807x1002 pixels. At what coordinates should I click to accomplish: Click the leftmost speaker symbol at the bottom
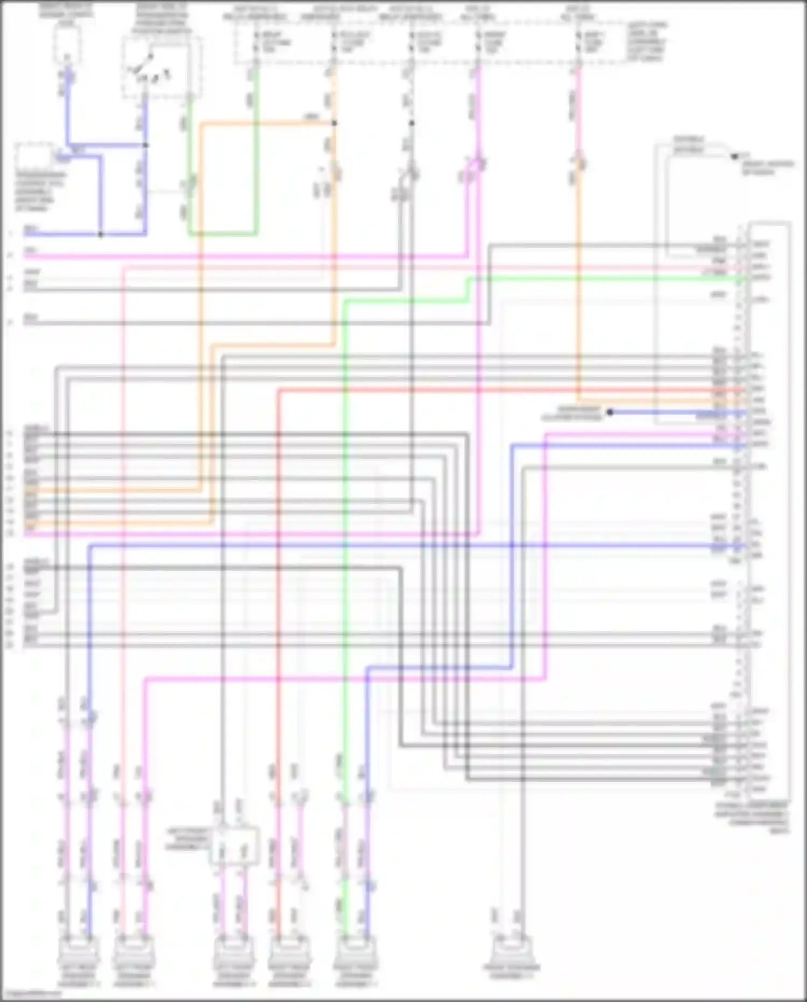79,952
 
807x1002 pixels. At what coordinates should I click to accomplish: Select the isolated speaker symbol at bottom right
511,952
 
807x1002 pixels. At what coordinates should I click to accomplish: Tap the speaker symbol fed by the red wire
289,952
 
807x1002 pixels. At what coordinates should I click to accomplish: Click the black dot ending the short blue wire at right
610,412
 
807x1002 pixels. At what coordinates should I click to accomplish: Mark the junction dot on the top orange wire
334,123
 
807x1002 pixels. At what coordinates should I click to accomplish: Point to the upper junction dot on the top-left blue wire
146,145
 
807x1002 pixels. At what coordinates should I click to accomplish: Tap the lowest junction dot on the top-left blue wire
101,235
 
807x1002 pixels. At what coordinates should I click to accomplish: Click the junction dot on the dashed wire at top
412,123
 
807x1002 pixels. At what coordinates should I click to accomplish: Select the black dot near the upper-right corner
734,157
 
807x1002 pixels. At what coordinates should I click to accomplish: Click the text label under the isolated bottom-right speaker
511,972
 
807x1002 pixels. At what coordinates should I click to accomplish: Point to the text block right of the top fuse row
647,41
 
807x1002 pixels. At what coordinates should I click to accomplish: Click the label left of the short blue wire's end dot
571,414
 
